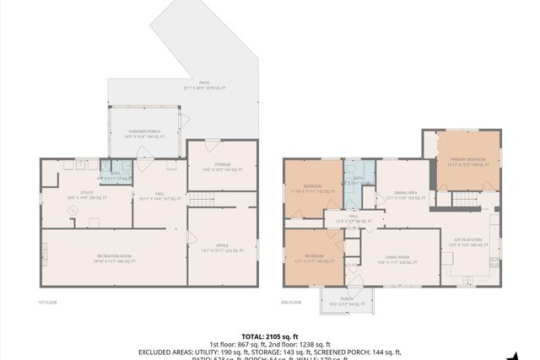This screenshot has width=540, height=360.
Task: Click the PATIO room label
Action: click(204, 85)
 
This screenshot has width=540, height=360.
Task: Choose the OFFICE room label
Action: click(222, 249)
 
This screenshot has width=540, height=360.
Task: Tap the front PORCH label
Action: click(347, 299)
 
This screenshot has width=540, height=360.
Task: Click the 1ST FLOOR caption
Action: click(47, 302)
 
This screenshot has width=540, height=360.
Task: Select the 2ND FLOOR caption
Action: click(290, 302)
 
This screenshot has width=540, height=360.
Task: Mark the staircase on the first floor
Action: click(199, 199)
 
